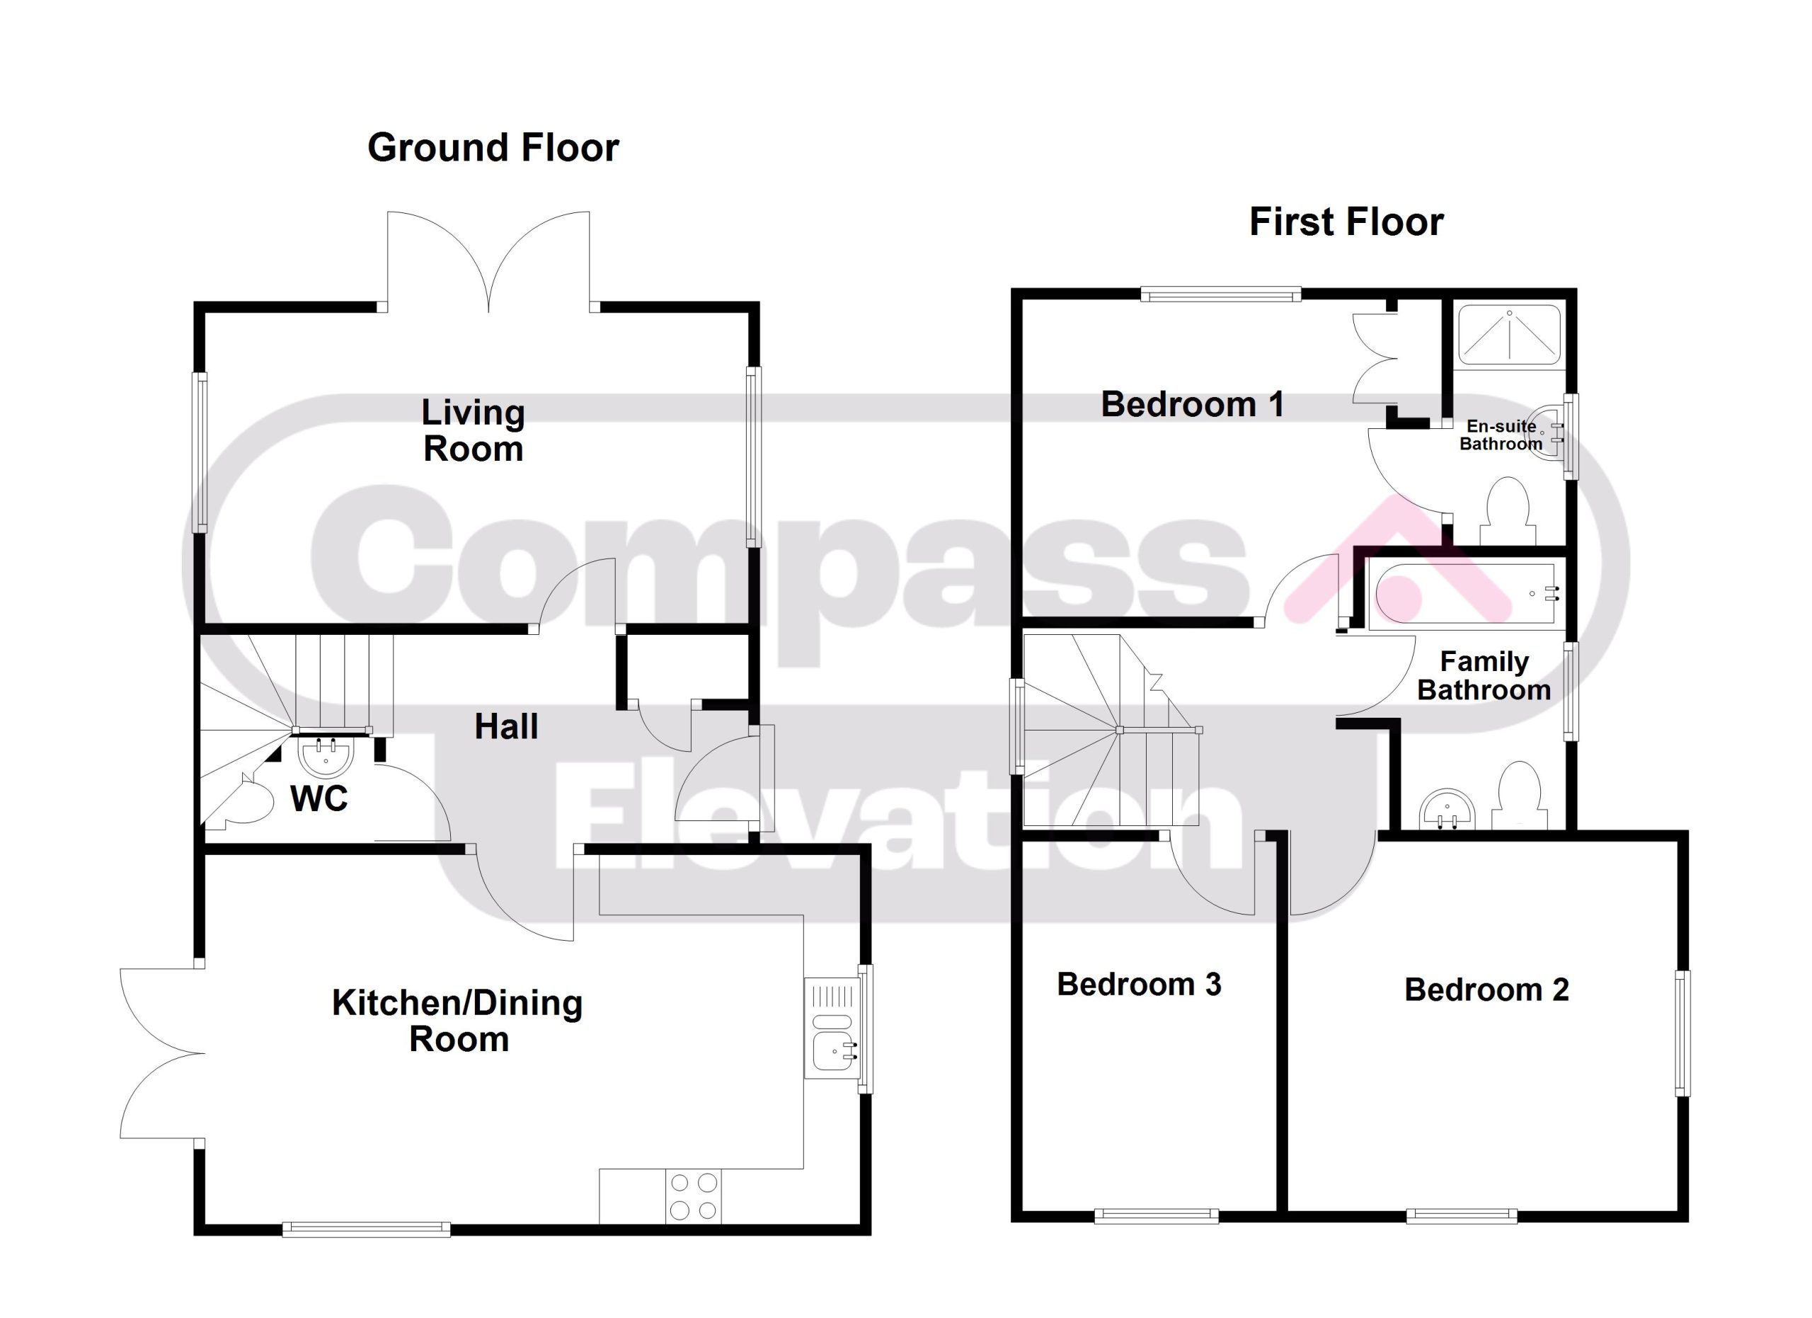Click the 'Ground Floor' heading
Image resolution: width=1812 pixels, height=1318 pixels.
[x=493, y=148]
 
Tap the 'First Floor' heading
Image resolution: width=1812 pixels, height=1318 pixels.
[x=1346, y=222]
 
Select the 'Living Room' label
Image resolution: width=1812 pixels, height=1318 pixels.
[x=473, y=430]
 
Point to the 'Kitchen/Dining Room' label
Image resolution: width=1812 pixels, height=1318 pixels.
[x=458, y=1021]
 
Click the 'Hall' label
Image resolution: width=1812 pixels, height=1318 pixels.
[x=507, y=727]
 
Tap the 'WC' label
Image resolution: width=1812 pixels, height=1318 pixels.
[x=319, y=798]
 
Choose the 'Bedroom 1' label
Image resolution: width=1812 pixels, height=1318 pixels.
[x=1193, y=404]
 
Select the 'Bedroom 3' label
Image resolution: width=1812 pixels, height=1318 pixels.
[x=1140, y=984]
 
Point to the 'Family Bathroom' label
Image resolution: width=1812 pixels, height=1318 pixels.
[x=1484, y=676]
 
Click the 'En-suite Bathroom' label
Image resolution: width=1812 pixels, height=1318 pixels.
[x=1501, y=435]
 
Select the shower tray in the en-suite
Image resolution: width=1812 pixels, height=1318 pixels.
[x=1509, y=333]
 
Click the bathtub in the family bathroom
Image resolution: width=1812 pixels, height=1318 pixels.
[x=1463, y=593]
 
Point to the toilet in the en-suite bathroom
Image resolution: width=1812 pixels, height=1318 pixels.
[x=1508, y=511]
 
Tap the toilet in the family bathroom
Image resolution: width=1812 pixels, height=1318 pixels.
[x=1519, y=794]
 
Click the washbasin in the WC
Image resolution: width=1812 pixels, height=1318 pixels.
[x=325, y=757]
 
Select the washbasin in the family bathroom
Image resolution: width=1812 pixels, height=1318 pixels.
[x=1447, y=808]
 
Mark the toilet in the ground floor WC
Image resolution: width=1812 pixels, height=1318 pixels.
[x=248, y=802]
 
